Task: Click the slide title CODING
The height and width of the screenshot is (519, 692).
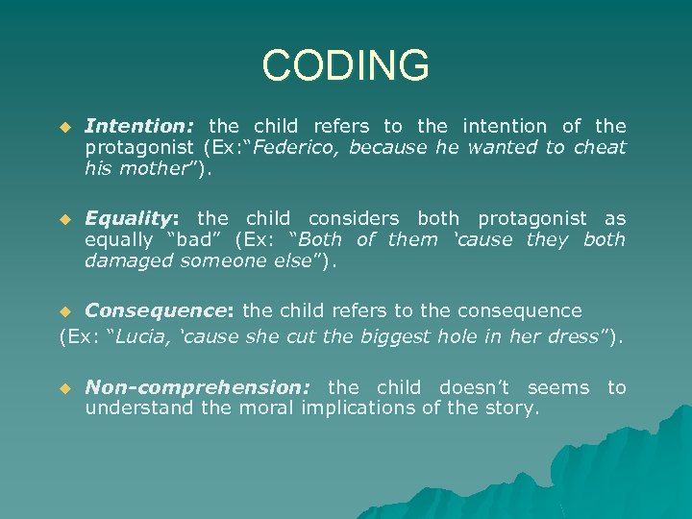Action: coord(345,66)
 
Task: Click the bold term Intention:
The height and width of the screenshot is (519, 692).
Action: coord(140,126)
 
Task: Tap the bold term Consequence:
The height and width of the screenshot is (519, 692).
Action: coord(160,310)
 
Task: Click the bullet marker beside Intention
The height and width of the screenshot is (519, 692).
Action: coord(65,127)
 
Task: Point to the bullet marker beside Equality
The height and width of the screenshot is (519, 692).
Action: coord(65,220)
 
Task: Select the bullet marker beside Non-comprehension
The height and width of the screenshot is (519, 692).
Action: coord(65,388)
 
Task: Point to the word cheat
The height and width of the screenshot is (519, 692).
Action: coord(600,147)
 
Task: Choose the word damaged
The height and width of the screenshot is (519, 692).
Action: coord(123,260)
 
